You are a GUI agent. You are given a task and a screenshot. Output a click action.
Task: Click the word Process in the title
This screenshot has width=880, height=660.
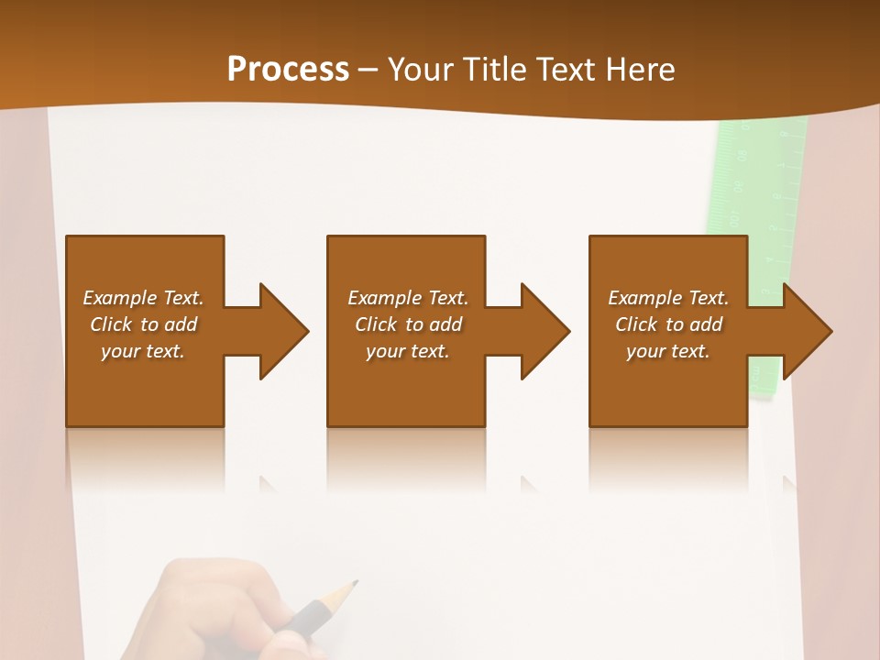point(288,70)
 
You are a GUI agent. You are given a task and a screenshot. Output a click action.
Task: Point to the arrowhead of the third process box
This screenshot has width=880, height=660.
point(807,331)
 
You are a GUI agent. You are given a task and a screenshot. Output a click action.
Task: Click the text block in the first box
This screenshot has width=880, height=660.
point(143,324)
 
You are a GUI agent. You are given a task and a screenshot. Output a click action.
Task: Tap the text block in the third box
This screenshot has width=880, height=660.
point(668,324)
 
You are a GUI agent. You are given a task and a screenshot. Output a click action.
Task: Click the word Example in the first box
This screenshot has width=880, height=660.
point(119,298)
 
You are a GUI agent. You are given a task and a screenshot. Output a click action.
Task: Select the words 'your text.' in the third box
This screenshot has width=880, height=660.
point(668,351)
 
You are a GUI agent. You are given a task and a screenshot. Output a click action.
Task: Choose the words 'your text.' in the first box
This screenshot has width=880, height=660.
point(143,351)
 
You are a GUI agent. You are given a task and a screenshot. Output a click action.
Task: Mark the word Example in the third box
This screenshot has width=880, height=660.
point(644,298)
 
